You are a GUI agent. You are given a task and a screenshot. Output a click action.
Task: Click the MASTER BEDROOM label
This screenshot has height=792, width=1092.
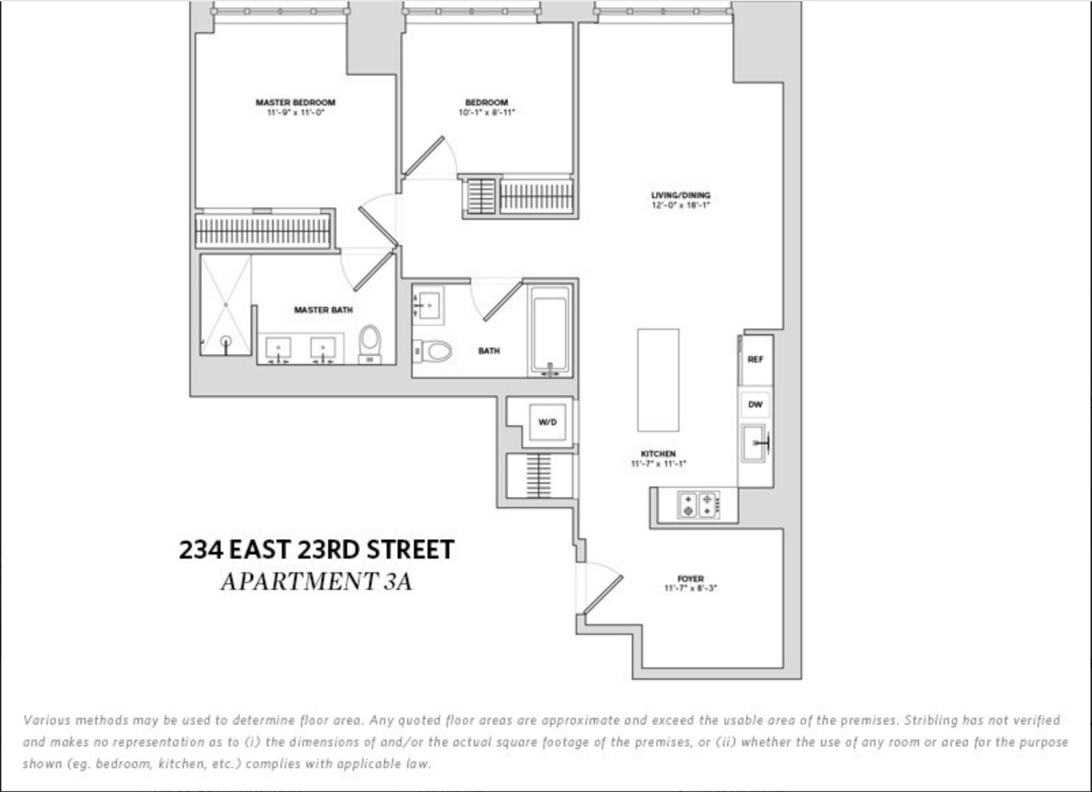point(295,102)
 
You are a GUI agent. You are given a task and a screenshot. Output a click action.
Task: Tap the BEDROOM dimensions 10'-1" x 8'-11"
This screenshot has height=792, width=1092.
point(486,112)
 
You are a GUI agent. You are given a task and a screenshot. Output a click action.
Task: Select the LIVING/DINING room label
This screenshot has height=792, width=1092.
point(680,195)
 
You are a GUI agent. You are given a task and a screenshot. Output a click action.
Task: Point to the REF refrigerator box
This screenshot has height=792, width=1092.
point(756,359)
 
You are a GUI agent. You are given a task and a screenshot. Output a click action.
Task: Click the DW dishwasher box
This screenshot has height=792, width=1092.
point(756,404)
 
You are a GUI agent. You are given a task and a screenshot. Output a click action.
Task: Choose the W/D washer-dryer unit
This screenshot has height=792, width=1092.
point(547,422)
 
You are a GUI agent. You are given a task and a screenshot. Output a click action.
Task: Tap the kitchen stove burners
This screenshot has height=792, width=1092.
point(698,505)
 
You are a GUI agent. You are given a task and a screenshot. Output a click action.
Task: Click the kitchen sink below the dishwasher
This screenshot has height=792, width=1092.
point(755,443)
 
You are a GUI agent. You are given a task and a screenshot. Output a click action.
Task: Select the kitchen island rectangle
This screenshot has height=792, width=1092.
point(658,380)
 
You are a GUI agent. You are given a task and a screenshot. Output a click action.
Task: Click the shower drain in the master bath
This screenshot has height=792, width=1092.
point(225,340)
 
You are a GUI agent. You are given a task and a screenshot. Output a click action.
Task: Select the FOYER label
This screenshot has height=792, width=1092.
point(690,579)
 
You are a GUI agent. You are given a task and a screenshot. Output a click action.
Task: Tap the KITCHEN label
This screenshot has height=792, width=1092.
point(658,454)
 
